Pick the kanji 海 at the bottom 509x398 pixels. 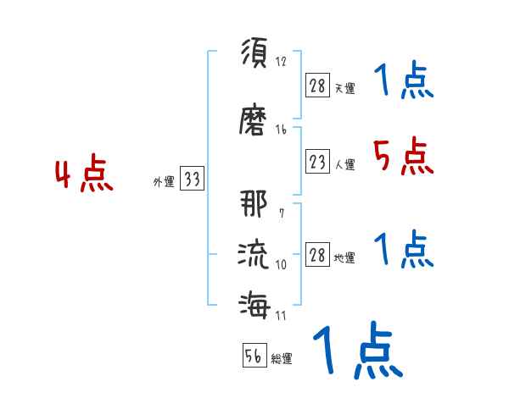pos(253,303)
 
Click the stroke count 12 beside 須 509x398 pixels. pos(281,62)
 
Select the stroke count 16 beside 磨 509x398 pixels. pos(281,130)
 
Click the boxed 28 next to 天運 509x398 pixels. pos(317,85)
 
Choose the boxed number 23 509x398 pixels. pos(317,161)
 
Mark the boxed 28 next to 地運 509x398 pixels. pos(317,255)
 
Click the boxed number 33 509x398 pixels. pos(192,179)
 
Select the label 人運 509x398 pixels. pos(344,165)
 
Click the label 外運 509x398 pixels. pos(163,181)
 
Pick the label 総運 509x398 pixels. pos(282,359)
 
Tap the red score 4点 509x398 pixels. pos(84,176)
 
